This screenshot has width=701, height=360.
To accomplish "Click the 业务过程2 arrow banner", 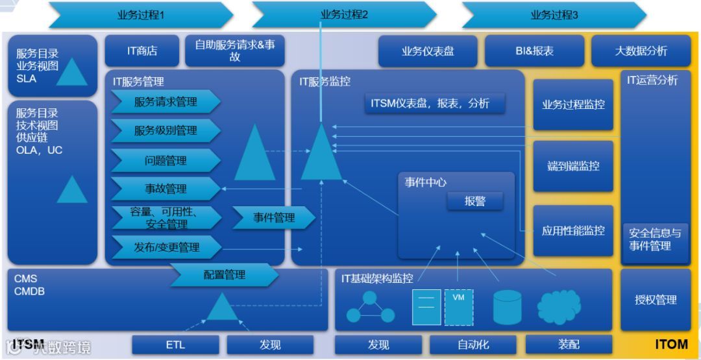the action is pyautogui.click(x=344, y=14).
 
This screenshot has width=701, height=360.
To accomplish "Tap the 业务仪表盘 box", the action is pyautogui.click(x=428, y=51).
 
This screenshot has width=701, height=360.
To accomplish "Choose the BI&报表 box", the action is pyautogui.click(x=534, y=51).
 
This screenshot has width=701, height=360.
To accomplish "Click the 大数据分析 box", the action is pyautogui.click(x=641, y=51).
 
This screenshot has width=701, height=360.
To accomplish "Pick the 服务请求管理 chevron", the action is pyautogui.click(x=166, y=102).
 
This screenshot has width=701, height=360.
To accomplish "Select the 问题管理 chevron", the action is pyautogui.click(x=166, y=160).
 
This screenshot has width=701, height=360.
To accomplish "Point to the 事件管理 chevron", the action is pyautogui.click(x=273, y=218).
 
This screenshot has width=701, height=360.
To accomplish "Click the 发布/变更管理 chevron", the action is pyautogui.click(x=166, y=247).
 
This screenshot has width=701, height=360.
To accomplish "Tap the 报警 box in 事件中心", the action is pyautogui.click(x=474, y=201).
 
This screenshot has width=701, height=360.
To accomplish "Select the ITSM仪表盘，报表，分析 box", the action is pyautogui.click(x=434, y=103).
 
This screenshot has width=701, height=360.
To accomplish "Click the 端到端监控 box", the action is pyautogui.click(x=573, y=166).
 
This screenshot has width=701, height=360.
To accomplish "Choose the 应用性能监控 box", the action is pyautogui.click(x=573, y=230).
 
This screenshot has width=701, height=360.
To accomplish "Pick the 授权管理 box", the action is pyautogui.click(x=656, y=300).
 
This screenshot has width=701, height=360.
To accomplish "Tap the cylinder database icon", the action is pyautogui.click(x=507, y=307).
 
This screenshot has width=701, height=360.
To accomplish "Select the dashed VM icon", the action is pyautogui.click(x=458, y=307).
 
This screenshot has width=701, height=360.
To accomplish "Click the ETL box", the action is pyautogui.click(x=175, y=345).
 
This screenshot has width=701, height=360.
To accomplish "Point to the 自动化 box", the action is pyautogui.click(x=473, y=345).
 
